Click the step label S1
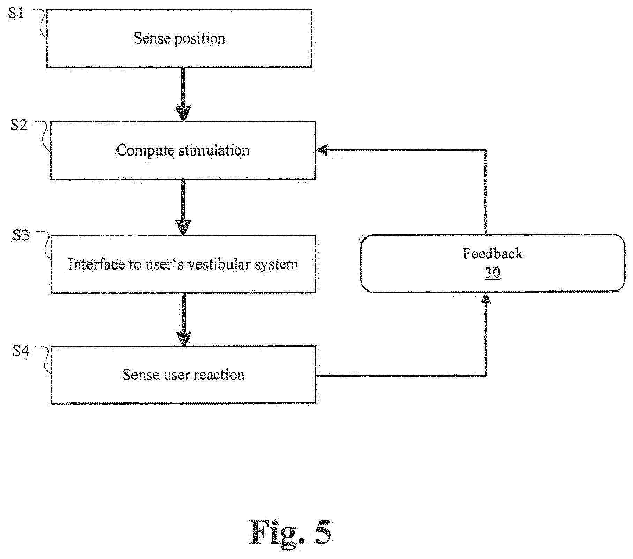16,14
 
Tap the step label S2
18,125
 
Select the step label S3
21,235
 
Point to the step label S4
21,351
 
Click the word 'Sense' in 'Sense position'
152,38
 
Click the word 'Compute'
145,151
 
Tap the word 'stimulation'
214,150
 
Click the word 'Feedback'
493,254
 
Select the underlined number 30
493,272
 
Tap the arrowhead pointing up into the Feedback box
485,298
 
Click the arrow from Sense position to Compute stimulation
183,94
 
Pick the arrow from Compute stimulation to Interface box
183,207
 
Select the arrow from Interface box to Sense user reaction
183,319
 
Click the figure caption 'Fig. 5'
290,531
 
